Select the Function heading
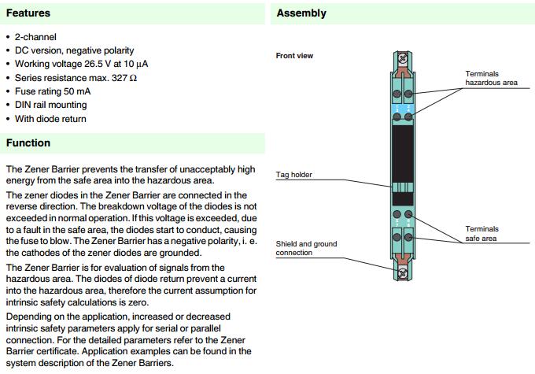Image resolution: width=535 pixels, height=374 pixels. [28, 143]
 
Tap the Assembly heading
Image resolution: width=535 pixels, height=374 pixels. [301, 13]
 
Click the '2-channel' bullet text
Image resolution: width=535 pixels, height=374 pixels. [35, 37]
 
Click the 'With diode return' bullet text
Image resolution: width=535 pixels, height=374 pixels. [50, 119]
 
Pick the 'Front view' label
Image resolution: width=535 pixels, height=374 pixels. [294, 56]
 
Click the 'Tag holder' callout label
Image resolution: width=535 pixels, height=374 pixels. [293, 174]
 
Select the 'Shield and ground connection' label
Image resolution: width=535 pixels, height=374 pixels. [306, 249]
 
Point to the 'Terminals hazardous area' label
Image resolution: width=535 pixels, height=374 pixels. [491, 78]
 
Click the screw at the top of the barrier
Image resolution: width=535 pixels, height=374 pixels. [402, 57]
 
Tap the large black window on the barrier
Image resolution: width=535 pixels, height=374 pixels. [402, 161]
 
